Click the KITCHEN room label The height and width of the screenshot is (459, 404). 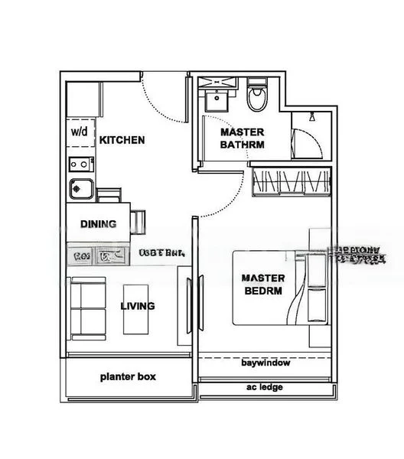point(122,140)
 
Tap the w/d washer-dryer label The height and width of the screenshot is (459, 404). point(80,131)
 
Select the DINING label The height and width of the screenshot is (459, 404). point(99,224)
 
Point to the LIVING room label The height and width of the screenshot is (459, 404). point(138,306)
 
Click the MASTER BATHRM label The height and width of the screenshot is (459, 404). point(242,138)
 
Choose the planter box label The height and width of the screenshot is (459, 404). point(128,376)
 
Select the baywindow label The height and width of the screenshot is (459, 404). point(265,363)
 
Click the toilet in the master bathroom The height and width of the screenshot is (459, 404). point(256,99)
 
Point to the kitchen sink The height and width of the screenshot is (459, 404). point(79,187)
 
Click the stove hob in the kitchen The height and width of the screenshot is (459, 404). point(78,162)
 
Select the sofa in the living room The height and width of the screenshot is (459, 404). point(88,308)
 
